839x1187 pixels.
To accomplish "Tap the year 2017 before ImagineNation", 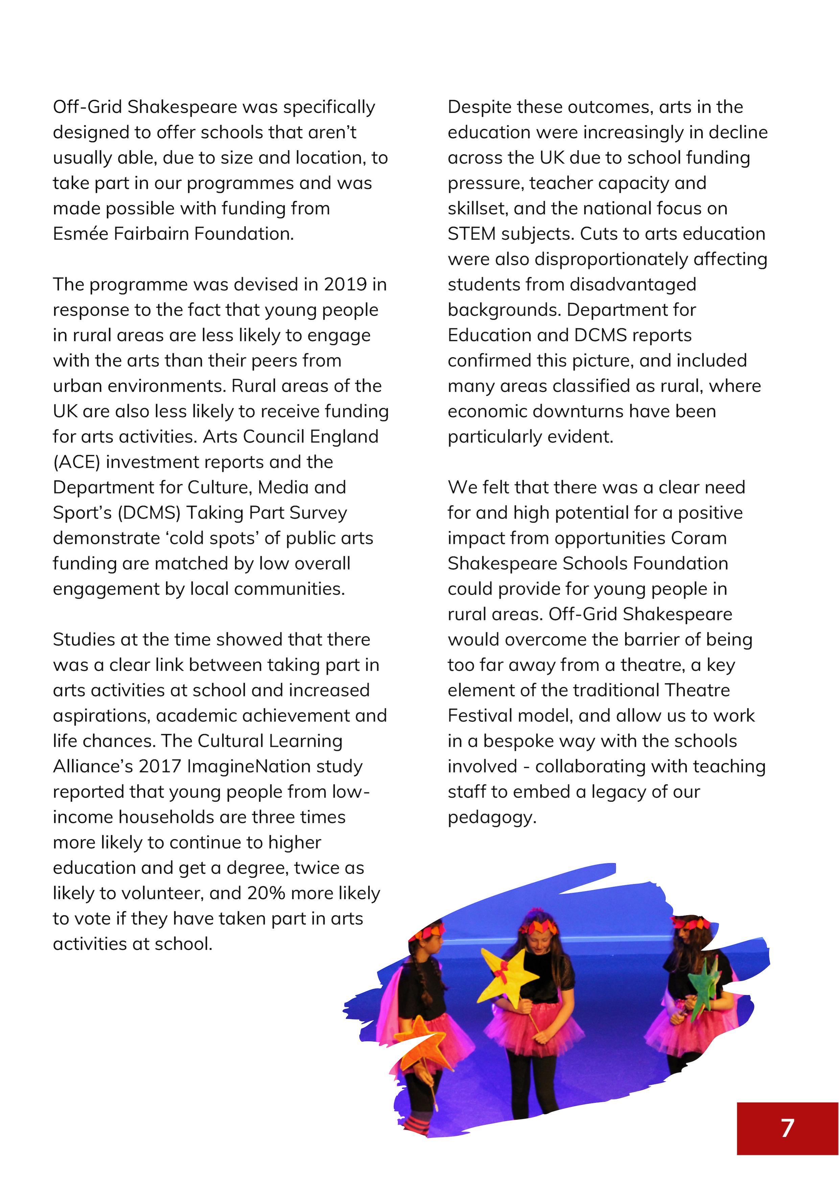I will pyautogui.click(x=159, y=766).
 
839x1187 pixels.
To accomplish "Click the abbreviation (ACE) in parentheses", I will pyautogui.click(x=76, y=462).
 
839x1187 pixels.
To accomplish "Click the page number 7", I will pyautogui.click(x=787, y=1128).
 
